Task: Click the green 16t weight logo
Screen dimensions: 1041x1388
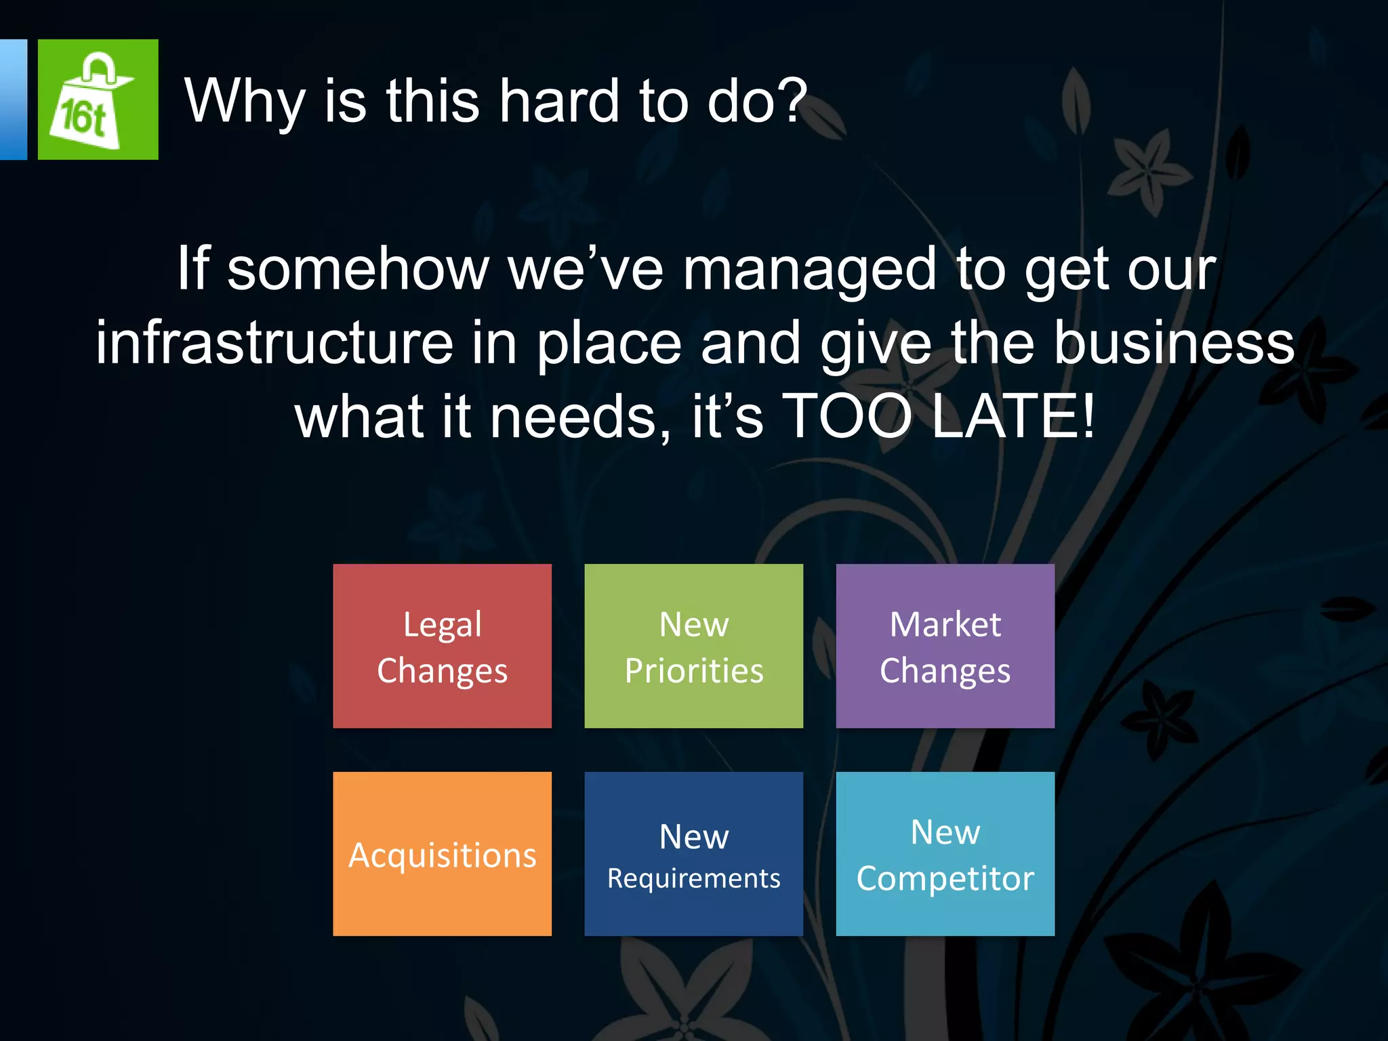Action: tap(98, 100)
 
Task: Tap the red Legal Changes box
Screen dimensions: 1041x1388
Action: tap(442, 646)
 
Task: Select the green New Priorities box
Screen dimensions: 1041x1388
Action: tap(693, 646)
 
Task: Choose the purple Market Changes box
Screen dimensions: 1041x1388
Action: tap(945, 646)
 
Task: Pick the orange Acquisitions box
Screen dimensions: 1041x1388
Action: tap(442, 854)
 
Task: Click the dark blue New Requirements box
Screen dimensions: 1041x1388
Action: tap(693, 854)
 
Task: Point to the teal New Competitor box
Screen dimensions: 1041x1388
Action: tap(945, 854)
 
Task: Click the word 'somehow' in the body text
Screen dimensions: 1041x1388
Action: tap(358, 269)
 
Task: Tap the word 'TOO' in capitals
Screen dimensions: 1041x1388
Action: tap(849, 415)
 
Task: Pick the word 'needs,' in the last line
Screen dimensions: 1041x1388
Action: tap(580, 415)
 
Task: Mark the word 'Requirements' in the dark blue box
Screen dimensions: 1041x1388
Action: tap(693, 878)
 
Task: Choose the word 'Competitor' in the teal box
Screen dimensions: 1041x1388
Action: tap(945, 878)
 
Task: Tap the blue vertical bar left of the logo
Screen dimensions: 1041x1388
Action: tap(13, 100)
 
